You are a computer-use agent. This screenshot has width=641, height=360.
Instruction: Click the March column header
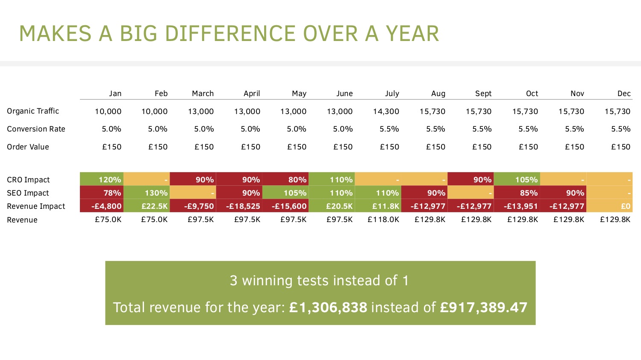203,94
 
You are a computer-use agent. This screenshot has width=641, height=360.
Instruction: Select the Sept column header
483,94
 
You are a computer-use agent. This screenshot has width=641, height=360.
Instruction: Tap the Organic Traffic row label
33,111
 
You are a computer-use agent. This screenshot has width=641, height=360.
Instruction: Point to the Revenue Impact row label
36,206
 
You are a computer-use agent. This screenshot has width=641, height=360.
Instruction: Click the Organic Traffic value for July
386,111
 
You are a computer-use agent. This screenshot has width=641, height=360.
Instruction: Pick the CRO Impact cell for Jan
102,180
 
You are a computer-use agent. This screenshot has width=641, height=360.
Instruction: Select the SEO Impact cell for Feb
147,193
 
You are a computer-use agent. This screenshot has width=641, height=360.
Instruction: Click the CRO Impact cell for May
285,180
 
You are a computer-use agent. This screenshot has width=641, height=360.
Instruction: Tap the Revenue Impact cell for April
239,206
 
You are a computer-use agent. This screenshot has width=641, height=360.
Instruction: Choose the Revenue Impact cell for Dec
609,206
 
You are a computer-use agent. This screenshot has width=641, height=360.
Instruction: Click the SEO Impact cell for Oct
517,193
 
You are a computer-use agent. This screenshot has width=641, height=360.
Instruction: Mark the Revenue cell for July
383,220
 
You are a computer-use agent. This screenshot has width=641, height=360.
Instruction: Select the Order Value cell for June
343,147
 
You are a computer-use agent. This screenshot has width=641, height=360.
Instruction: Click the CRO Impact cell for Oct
517,180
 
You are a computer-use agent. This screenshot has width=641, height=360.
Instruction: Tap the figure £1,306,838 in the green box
328,307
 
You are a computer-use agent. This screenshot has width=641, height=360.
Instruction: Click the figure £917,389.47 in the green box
483,307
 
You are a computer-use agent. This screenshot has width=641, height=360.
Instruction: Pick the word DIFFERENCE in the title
230,34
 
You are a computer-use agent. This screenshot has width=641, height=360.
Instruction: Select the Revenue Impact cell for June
332,206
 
